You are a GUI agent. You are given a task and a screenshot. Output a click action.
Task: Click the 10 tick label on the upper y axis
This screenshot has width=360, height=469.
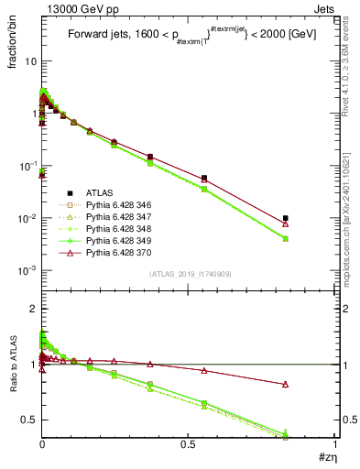(x=29, y=61)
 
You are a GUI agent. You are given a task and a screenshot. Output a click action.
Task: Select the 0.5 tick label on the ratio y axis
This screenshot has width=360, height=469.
(x=28, y=420)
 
